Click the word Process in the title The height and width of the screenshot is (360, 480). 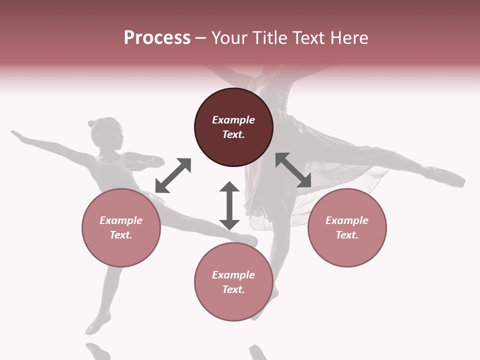(x=157, y=38)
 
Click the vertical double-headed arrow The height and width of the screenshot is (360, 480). (x=229, y=205)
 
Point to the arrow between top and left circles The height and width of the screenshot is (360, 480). (x=173, y=175)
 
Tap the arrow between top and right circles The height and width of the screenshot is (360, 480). (x=293, y=170)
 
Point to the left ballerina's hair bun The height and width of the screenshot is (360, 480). (x=92, y=123)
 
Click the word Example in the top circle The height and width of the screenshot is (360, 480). (x=233, y=120)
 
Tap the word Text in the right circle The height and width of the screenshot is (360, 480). (x=347, y=235)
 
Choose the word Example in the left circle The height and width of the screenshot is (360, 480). (x=121, y=220)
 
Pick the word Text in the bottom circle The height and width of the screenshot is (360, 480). (x=233, y=289)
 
